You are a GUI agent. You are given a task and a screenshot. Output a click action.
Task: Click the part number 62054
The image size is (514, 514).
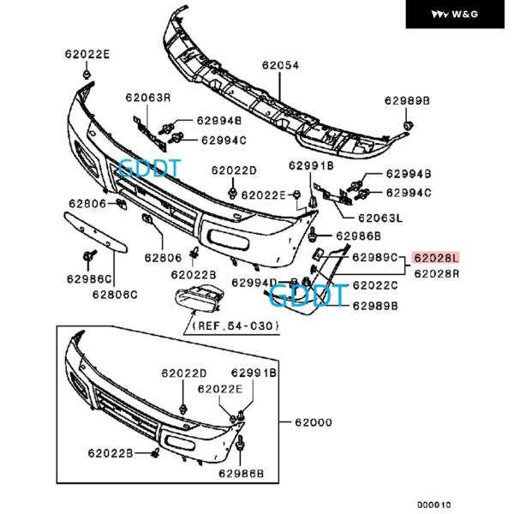point(281,65)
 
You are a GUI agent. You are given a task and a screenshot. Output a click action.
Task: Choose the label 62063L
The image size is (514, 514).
point(381,218)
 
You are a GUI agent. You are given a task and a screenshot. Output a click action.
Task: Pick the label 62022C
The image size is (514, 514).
point(375,285)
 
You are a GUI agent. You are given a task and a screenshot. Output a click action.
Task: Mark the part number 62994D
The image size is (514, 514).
point(254,283)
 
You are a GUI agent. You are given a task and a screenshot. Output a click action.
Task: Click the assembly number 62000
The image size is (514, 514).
point(314,422)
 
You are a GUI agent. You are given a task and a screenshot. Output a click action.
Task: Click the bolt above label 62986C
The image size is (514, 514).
point(88,256)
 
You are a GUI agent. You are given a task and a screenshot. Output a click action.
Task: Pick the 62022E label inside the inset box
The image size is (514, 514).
point(219,388)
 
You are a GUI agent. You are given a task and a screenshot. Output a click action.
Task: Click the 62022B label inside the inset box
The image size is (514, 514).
point(110,452)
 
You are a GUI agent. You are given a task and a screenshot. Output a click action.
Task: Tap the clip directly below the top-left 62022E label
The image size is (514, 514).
point(87,75)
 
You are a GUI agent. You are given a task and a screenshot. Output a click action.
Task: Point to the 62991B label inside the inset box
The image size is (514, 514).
point(254,374)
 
